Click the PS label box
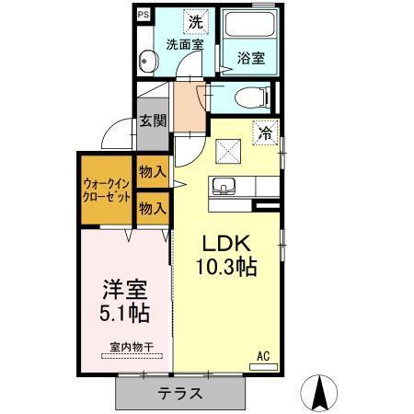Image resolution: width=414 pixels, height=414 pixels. coord(144,14)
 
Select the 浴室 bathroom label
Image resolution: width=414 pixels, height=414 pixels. coord(250,58)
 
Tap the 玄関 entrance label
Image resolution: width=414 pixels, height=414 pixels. coord(152,120)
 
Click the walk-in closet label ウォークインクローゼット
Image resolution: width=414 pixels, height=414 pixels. coord(106,190)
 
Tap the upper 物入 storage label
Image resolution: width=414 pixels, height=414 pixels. coord(152,170)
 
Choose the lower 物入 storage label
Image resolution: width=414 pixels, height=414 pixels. coord(152,208)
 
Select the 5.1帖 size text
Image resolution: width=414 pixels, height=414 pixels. coord(124,313)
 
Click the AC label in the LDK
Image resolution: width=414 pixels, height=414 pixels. coord(262,355)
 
